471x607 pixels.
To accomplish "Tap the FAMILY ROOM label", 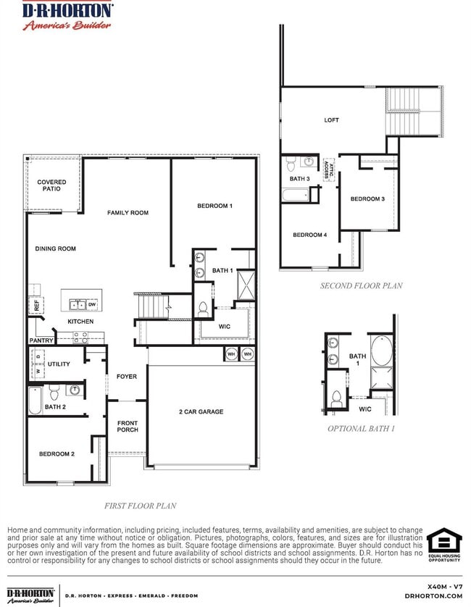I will tap(128, 212).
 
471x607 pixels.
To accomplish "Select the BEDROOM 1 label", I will tap(214, 206).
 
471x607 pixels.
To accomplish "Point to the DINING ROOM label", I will tap(55, 248).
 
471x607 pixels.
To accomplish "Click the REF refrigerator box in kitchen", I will tap(35, 305).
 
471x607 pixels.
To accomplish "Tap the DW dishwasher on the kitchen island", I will tap(92, 304).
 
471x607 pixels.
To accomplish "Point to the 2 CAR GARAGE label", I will tap(201, 411).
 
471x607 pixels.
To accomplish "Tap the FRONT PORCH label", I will tap(128, 427).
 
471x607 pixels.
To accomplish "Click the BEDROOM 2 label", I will tap(57, 453).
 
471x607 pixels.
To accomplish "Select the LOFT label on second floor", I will tap(331, 120).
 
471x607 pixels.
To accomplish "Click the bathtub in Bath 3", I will tap(296, 194).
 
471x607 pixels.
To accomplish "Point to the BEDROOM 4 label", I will tap(309, 235).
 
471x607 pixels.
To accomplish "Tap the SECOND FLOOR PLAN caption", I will tap(361, 285).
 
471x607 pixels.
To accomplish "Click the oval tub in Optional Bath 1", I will tap(380, 351).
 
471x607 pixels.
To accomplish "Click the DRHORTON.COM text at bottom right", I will tap(433, 595).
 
